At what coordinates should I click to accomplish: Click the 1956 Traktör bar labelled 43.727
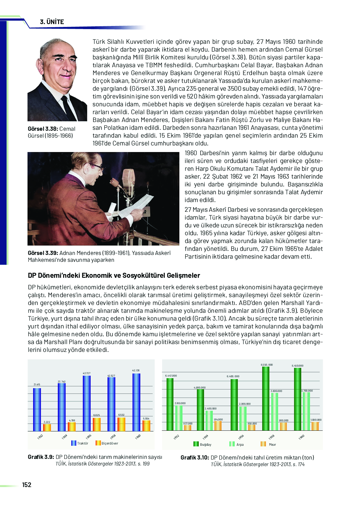pyautogui.click(x=87, y=404)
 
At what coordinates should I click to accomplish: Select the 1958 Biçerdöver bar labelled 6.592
pyautogui.click(x=121, y=424)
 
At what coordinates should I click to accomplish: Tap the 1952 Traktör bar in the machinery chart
pyautogui.click(x=37, y=410)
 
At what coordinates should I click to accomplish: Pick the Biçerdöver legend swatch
pyautogui.click(x=98, y=443)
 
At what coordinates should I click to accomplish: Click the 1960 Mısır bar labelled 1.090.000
pyautogui.click(x=315, y=426)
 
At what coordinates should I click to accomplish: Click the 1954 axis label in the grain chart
pyautogui.click(x=205, y=437)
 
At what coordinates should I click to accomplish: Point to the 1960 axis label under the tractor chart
pyautogui.click(x=138, y=437)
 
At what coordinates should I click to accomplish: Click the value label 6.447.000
pyautogui.click(x=171, y=376)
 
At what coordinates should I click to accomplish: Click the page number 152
pyautogui.click(x=27, y=485)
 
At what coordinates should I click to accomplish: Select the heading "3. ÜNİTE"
pyautogui.click(x=52, y=22)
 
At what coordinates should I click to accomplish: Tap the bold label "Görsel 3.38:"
pyautogui.click(x=43, y=129)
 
